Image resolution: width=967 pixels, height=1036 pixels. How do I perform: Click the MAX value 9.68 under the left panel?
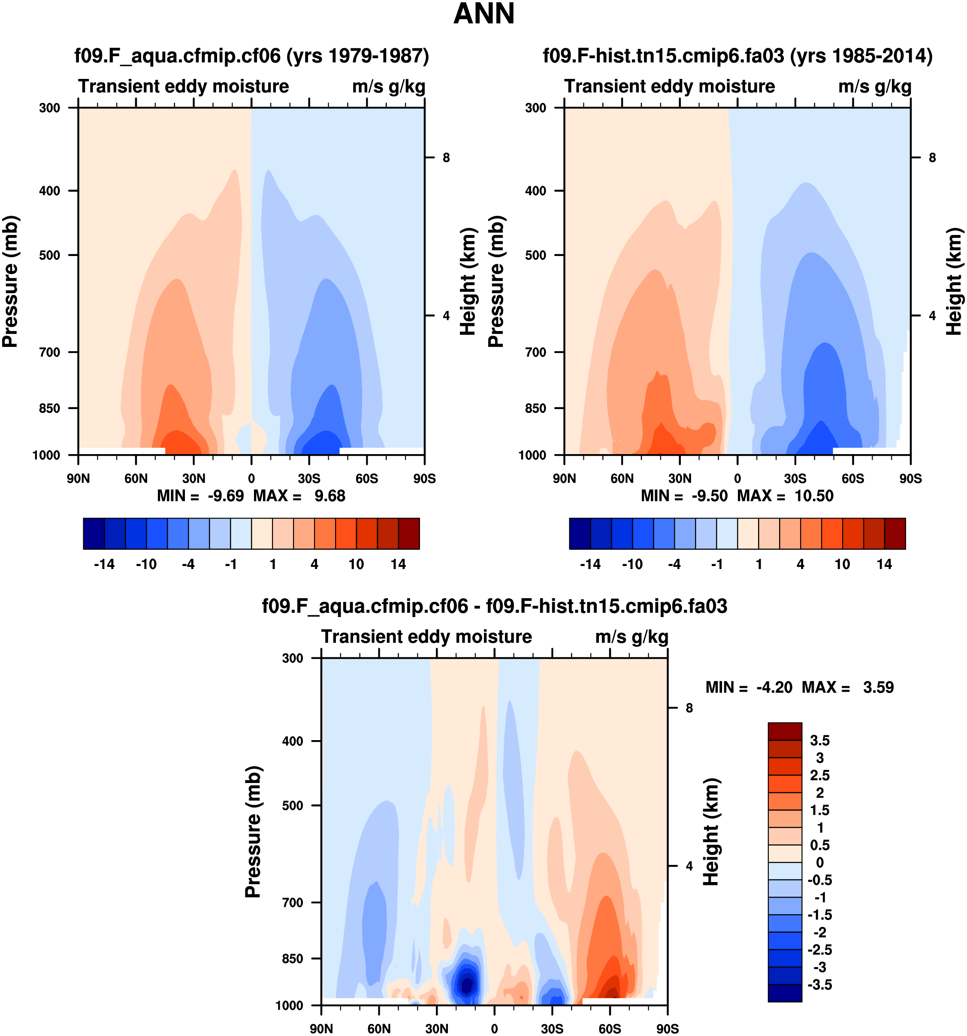(x=329, y=496)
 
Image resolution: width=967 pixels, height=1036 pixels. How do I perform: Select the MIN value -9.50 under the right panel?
(x=709, y=496)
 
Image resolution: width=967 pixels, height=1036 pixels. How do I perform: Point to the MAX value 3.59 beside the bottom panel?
(x=878, y=687)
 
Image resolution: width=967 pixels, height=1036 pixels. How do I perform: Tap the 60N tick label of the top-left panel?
(x=136, y=479)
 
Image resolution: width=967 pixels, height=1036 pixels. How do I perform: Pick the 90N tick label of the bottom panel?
(x=321, y=1029)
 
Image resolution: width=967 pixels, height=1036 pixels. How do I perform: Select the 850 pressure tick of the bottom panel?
(x=293, y=958)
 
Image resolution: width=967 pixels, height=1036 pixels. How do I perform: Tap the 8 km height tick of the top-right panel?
(x=932, y=157)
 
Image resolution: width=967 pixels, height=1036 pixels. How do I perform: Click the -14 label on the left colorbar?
(x=104, y=564)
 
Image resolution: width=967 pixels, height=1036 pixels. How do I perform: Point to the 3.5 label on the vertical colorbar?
(x=819, y=741)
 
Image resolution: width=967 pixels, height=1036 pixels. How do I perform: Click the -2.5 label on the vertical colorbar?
(x=819, y=949)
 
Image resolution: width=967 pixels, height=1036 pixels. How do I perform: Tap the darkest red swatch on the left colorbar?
(x=409, y=533)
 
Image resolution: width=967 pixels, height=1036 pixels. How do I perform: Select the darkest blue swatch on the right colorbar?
(x=580, y=533)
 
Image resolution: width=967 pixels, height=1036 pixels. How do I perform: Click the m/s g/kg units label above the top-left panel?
(x=388, y=87)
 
